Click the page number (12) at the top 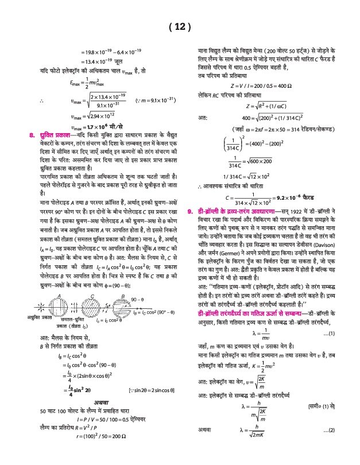point(180,27)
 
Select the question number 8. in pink point(32,134)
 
